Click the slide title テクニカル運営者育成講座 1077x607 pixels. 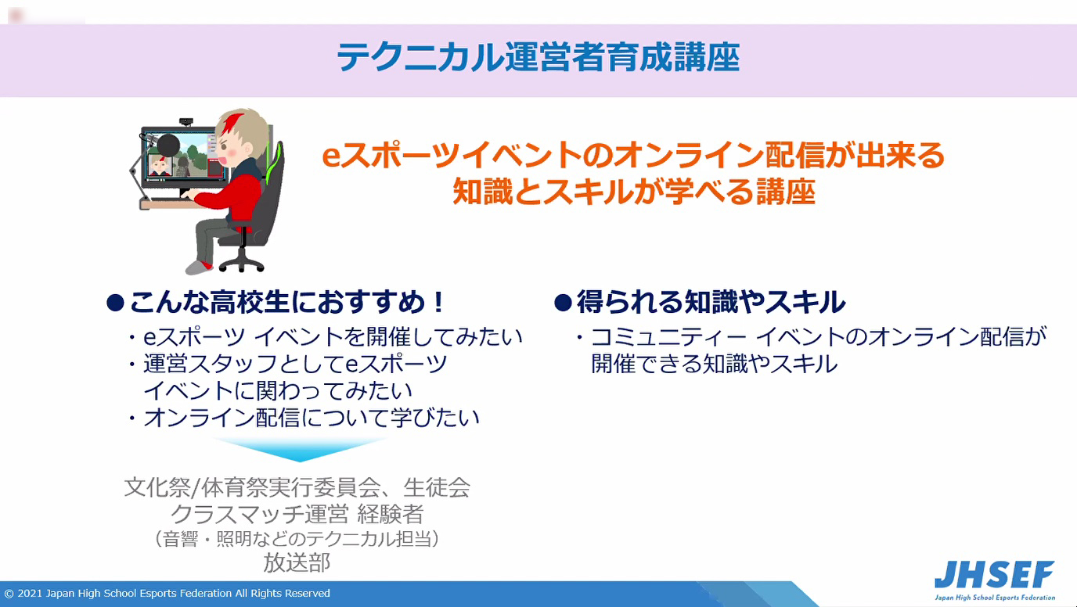click(x=538, y=58)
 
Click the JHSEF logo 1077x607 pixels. click(x=995, y=580)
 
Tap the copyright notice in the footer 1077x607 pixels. click(x=167, y=593)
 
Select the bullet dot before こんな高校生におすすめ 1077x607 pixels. click(x=115, y=303)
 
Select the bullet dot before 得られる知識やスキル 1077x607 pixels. click(x=563, y=303)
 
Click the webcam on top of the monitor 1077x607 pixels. click(x=186, y=121)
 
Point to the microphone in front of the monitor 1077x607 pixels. click(x=167, y=144)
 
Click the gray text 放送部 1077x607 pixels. click(x=297, y=562)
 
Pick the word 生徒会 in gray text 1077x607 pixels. click(x=437, y=487)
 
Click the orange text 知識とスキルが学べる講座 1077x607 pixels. click(x=634, y=192)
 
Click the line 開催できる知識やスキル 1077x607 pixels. click(x=714, y=364)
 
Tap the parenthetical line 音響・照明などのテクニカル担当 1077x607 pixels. click(x=296, y=539)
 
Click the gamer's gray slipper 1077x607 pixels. click(x=199, y=268)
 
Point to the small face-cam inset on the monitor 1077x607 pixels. click(x=160, y=165)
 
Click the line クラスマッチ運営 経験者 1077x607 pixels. click(x=297, y=514)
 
